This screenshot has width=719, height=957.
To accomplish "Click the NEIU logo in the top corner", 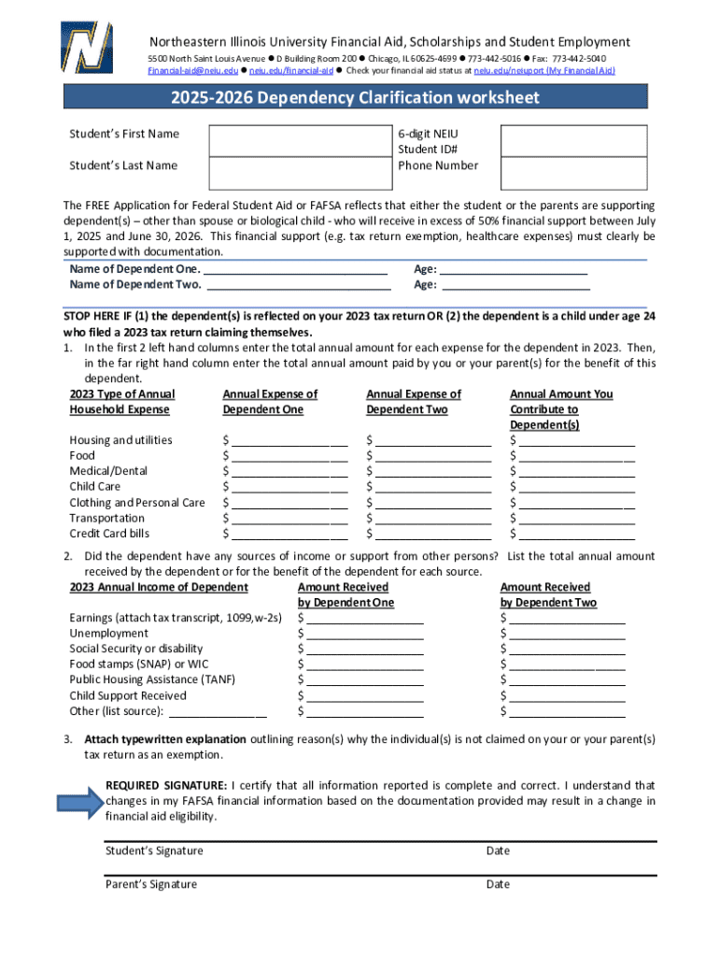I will click(x=86, y=47).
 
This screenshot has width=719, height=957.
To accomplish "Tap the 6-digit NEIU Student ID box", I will click(x=573, y=140).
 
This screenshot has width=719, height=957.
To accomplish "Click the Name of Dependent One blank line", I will click(x=295, y=269).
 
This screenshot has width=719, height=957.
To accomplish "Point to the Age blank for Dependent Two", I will click(x=515, y=285).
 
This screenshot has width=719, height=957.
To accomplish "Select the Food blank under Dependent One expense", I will click(x=289, y=456).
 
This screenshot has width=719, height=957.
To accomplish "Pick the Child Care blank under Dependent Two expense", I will click(x=433, y=487).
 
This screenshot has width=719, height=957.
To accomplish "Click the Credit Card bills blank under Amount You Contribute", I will click(x=577, y=534).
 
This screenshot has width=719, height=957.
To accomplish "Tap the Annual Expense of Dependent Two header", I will click(x=414, y=402).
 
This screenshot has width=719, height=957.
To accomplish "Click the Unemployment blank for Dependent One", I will click(x=365, y=634).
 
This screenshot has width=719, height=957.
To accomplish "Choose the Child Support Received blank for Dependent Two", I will click(x=568, y=696).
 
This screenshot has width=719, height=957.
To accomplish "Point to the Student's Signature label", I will click(x=154, y=851).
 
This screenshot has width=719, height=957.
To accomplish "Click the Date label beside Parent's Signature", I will click(x=498, y=885).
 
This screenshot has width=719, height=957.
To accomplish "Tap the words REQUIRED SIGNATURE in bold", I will click(x=165, y=786).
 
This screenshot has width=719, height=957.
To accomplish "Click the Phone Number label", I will click(x=438, y=166).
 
